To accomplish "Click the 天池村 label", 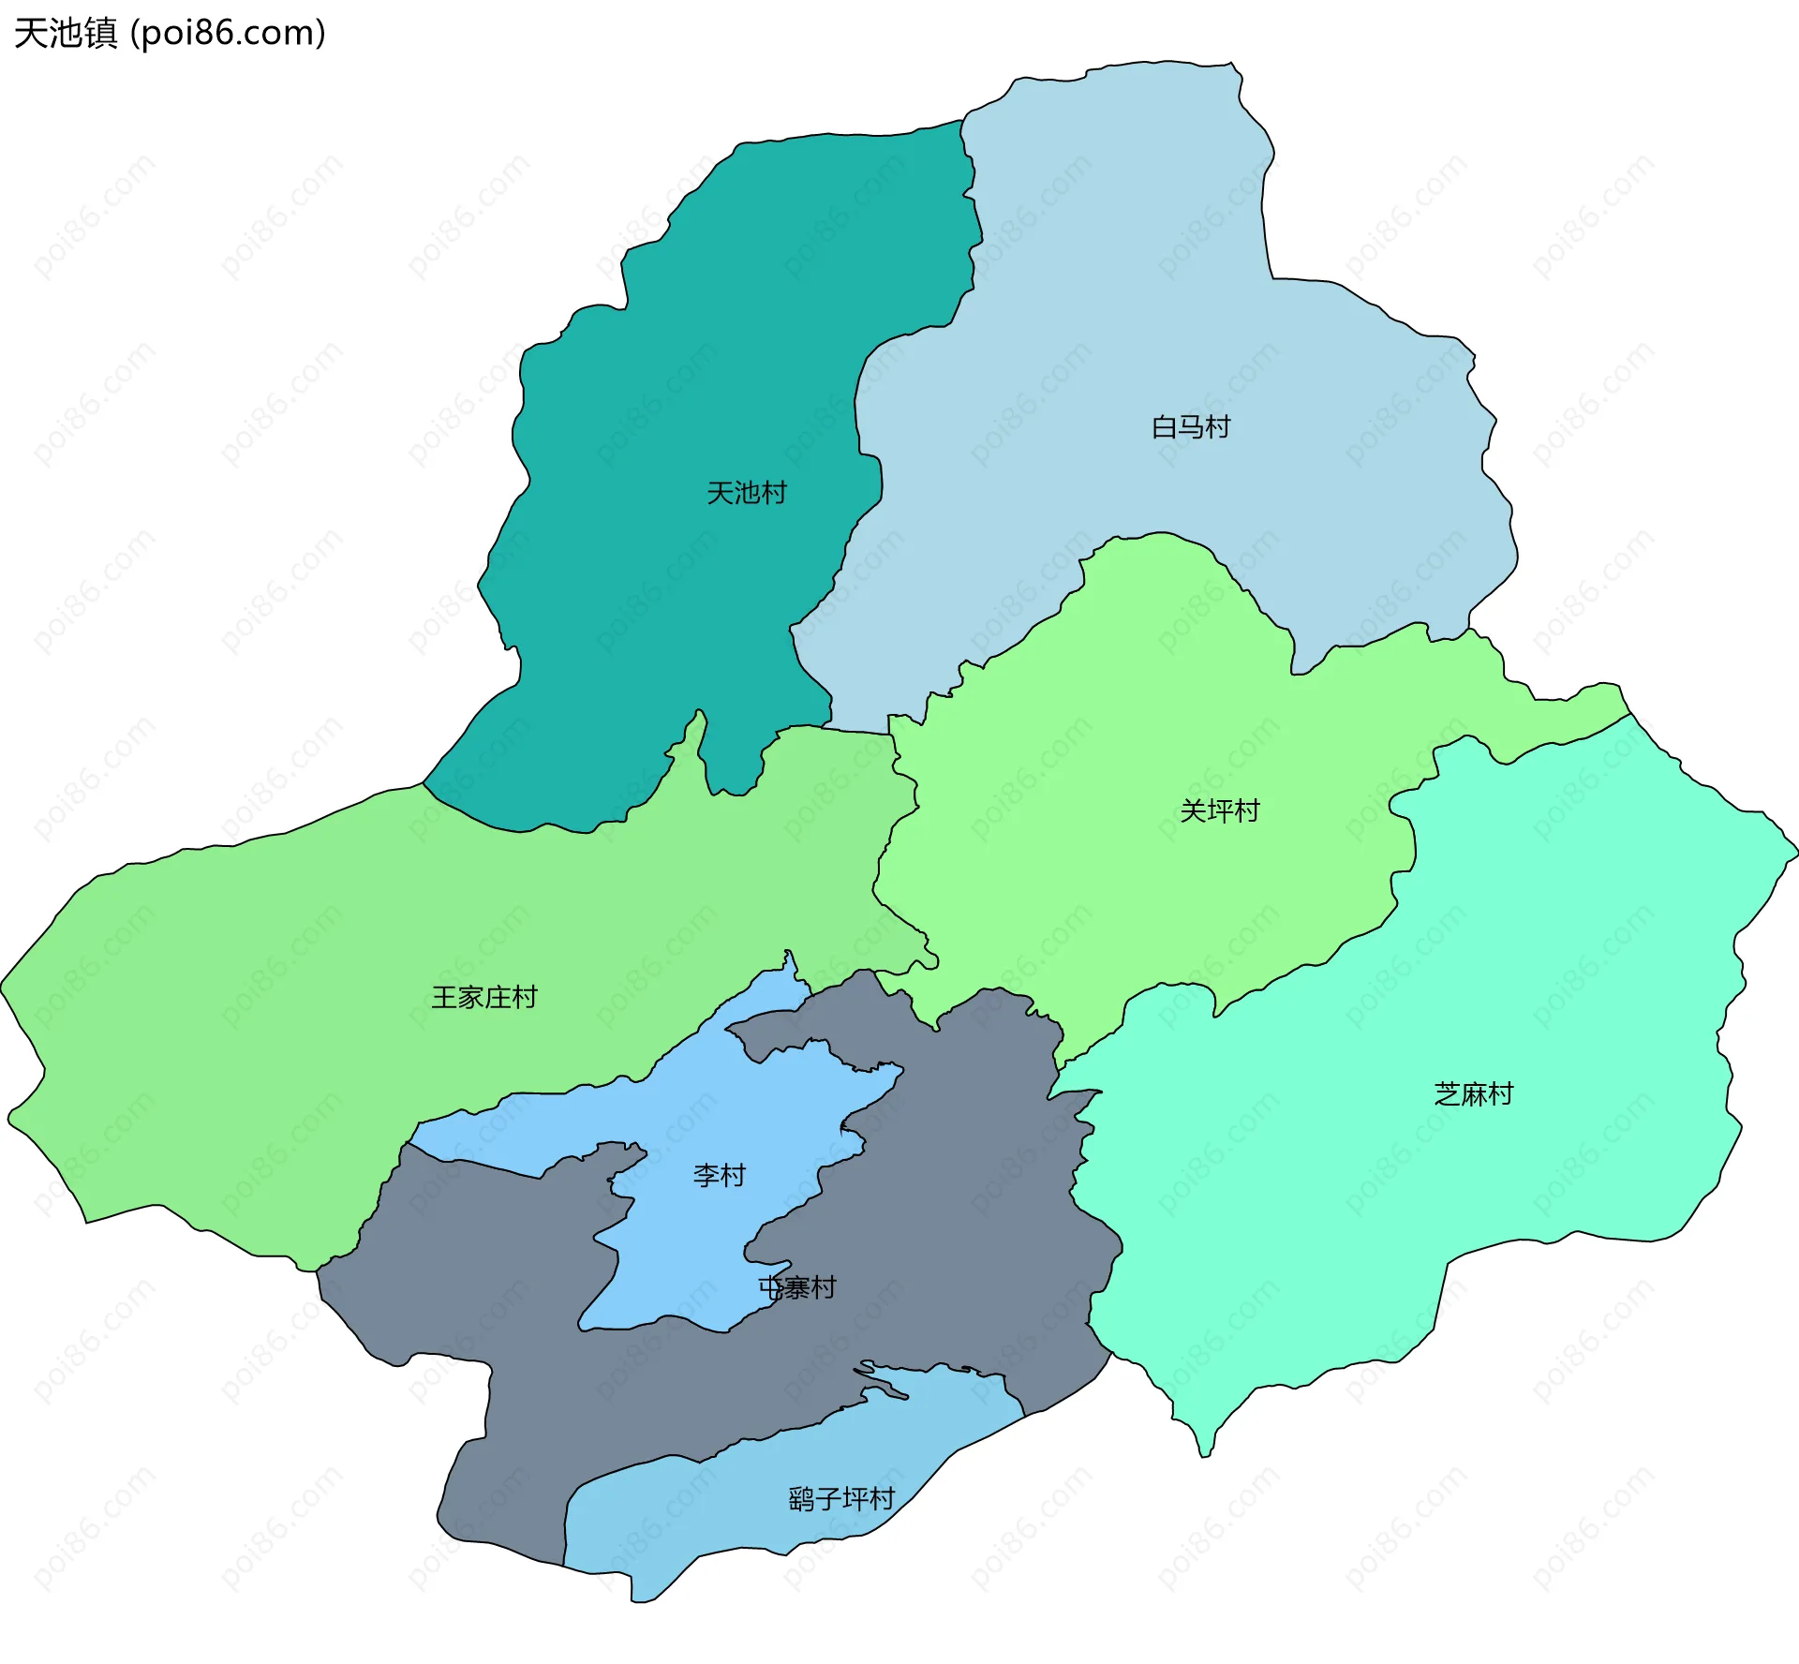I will click(746, 493).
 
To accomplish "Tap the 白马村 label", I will click(1190, 427).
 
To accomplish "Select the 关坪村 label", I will click(1219, 810).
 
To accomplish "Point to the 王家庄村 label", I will click(483, 997).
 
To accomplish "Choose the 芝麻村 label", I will click(1473, 1093).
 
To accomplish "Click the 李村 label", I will click(719, 1175).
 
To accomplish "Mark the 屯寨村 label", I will click(797, 1287).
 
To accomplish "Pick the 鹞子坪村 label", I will click(840, 1499).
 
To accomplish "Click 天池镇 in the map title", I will click(66, 33).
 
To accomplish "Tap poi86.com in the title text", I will click(227, 33).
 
